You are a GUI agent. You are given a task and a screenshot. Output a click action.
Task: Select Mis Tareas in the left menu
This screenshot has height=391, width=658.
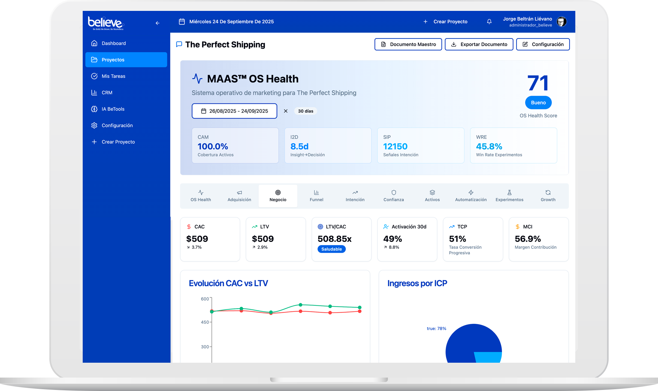113,76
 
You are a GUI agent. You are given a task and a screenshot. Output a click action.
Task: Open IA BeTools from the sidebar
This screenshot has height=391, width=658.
113,109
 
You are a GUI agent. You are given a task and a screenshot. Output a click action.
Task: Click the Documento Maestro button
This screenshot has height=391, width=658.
408,44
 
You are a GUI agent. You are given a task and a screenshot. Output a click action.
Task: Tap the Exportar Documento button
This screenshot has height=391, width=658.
479,44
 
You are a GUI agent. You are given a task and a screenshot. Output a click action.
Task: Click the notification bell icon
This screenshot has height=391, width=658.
489,22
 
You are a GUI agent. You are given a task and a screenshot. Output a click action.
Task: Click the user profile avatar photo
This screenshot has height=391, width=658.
562,22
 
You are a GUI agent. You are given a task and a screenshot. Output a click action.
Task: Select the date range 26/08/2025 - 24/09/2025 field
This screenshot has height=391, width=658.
234,111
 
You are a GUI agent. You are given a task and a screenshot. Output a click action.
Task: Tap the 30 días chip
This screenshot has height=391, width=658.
305,111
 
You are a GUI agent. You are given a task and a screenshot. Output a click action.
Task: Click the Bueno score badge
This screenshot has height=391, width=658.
538,103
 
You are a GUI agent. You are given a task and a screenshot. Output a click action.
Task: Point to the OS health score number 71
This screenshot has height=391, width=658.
538,83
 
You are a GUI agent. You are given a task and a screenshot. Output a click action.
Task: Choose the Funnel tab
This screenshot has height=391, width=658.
316,196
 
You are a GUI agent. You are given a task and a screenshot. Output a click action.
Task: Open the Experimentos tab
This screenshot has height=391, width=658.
509,196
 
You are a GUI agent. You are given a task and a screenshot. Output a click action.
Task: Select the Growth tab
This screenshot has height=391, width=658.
548,196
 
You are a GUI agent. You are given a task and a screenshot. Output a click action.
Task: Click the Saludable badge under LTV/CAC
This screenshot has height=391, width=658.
332,249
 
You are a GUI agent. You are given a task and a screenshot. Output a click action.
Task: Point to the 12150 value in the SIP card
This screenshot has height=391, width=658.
395,147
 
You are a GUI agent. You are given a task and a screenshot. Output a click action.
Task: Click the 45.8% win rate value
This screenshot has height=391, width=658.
489,147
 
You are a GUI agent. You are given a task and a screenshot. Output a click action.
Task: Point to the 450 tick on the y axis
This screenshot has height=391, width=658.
205,322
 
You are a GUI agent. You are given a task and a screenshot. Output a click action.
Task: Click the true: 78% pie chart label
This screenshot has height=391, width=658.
436,329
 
